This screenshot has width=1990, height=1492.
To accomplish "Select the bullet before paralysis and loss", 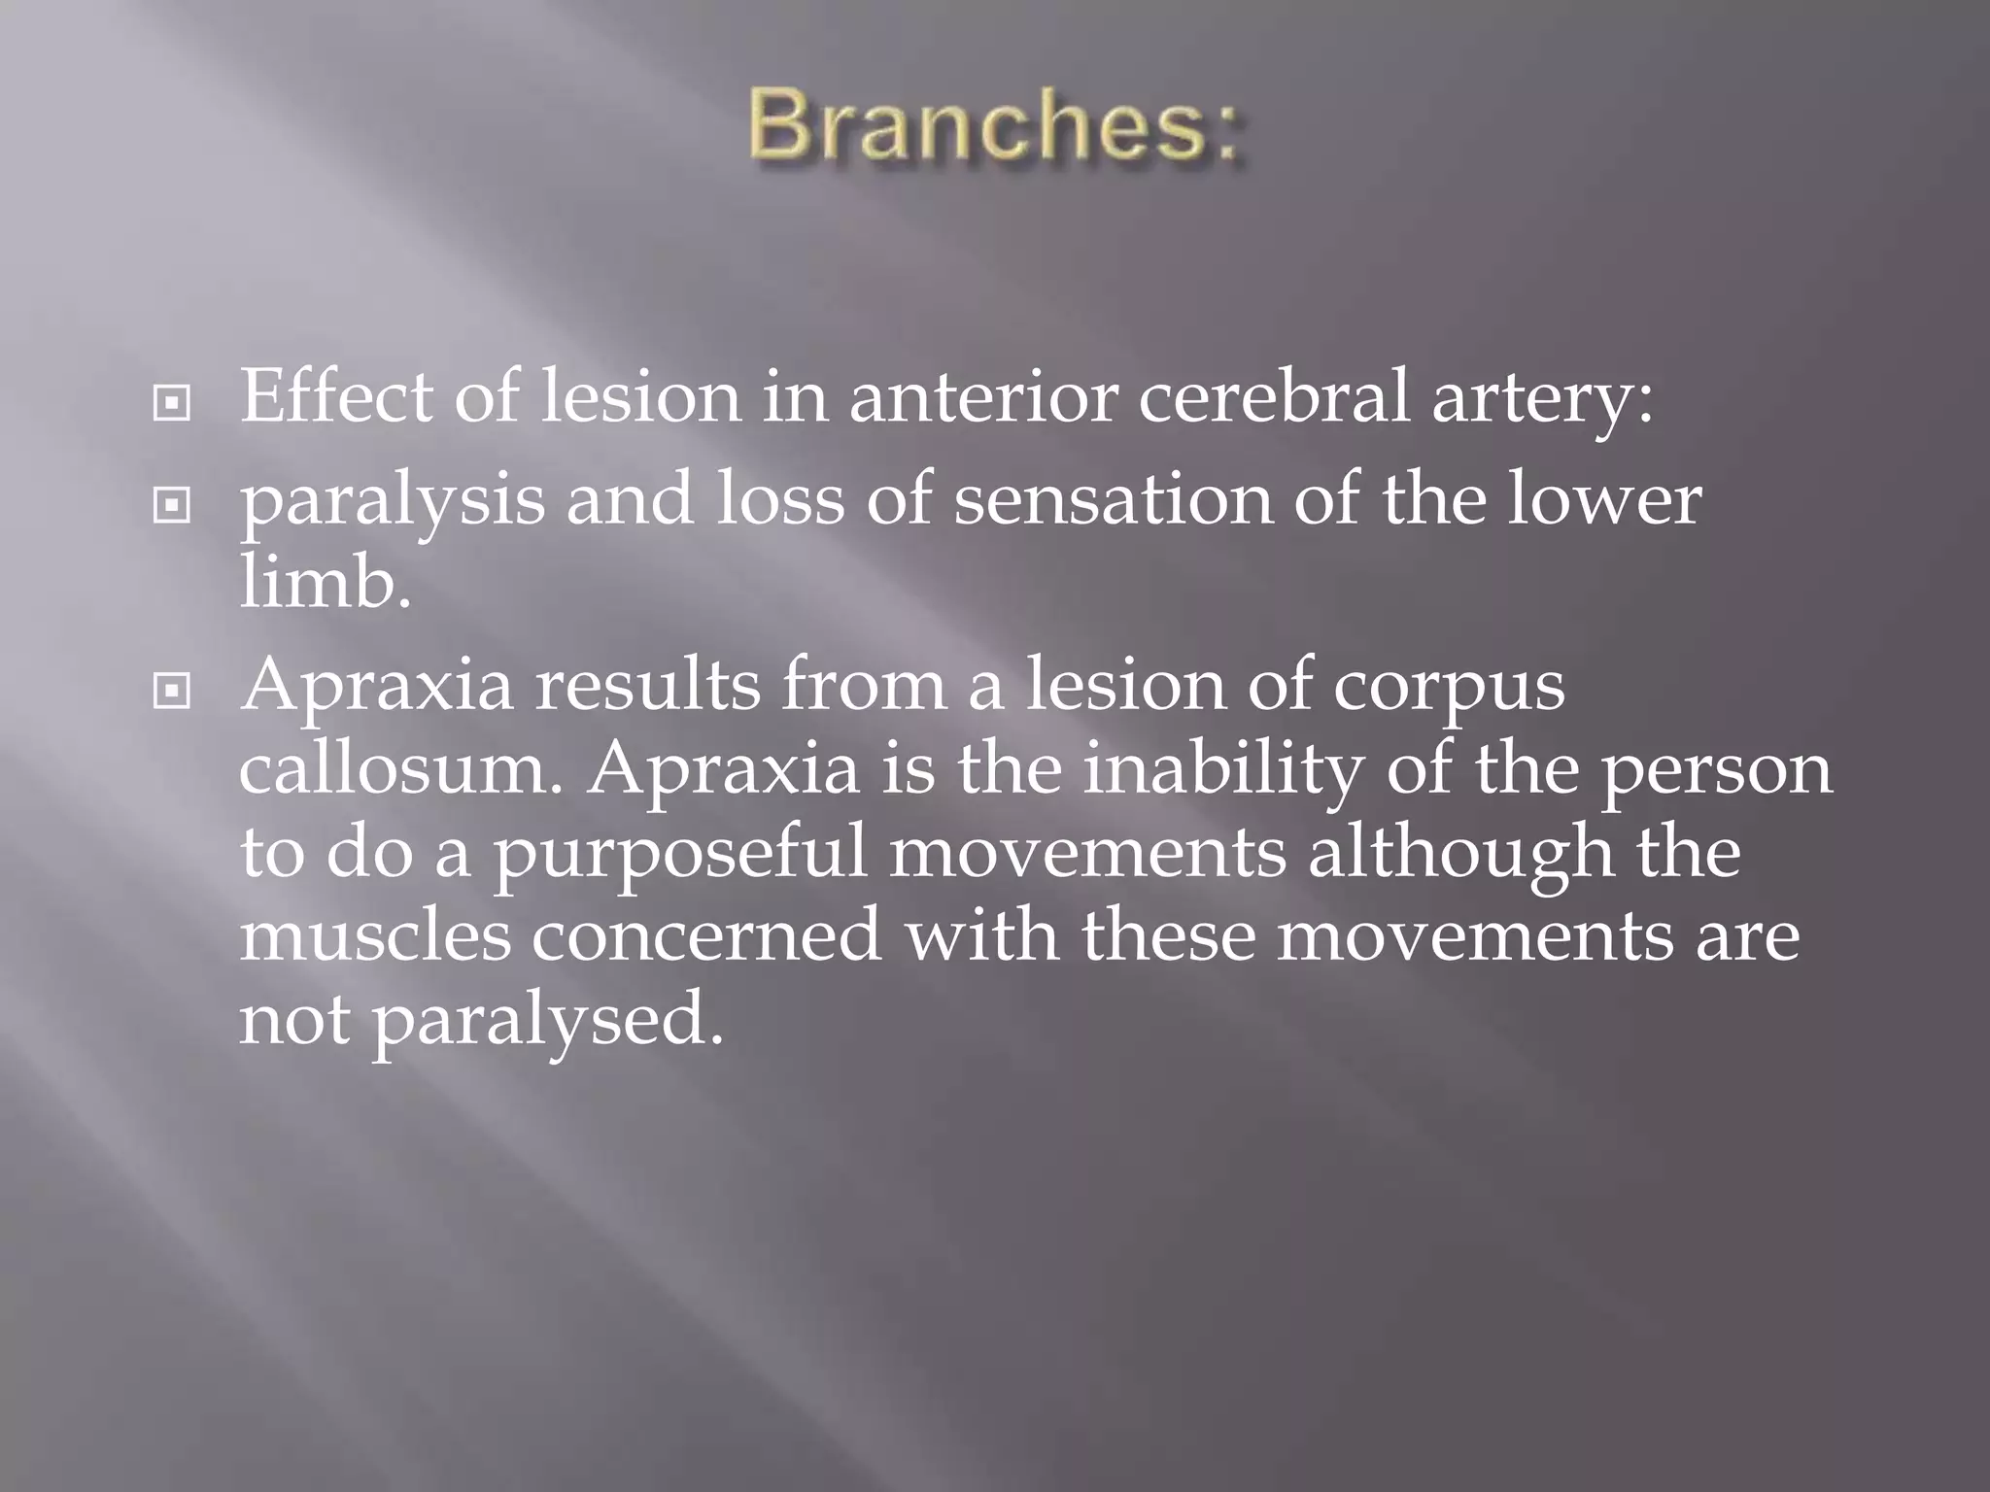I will click(x=172, y=505).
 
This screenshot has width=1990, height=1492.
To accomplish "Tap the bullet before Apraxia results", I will click(x=172, y=691).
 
